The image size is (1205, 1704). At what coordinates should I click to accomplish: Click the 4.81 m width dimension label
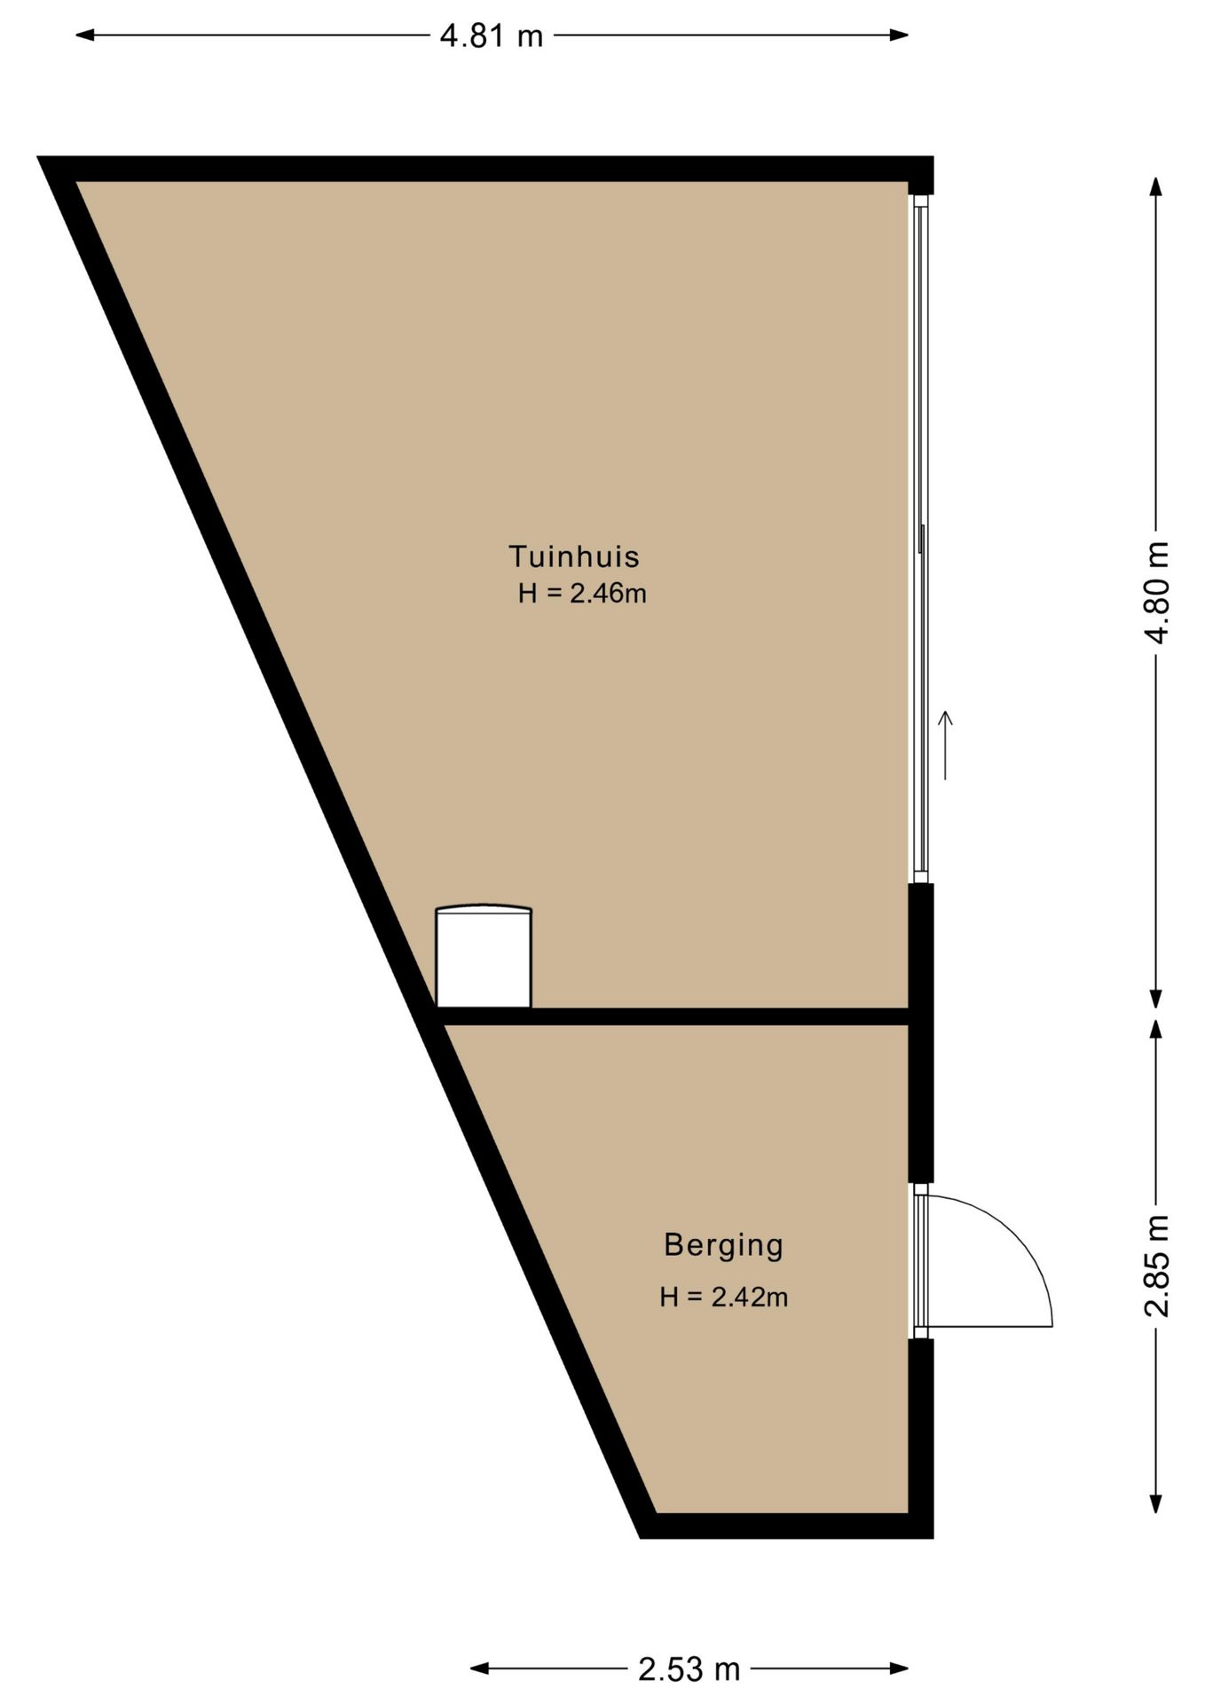tap(491, 35)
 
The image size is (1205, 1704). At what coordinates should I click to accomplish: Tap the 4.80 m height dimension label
tap(1157, 591)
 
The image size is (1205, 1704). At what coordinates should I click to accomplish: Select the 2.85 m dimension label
tap(1157, 1266)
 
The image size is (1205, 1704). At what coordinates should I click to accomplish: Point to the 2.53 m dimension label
tap(689, 1669)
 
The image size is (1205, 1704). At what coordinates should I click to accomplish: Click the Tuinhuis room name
tap(574, 556)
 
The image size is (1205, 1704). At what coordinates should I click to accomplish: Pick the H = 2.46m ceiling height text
tap(582, 593)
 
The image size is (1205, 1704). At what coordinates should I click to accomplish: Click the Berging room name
tap(724, 1246)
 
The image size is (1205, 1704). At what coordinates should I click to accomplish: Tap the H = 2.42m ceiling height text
tap(724, 1298)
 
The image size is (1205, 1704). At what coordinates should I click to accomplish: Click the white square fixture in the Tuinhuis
tap(484, 957)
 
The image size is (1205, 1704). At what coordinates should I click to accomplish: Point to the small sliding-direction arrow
tap(945, 745)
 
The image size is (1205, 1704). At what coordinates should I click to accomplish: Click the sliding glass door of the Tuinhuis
tap(921, 539)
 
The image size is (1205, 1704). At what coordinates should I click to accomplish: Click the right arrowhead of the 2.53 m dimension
tap(899, 1668)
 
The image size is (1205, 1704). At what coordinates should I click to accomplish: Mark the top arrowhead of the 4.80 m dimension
tap(1155, 187)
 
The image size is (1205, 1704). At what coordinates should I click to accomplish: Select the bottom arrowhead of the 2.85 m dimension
tap(1155, 1503)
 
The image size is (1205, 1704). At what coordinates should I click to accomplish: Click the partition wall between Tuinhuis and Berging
tap(674, 1016)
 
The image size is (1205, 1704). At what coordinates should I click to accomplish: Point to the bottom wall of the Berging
tap(786, 1526)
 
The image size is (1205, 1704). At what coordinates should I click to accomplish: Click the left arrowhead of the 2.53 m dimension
tap(480, 1668)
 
